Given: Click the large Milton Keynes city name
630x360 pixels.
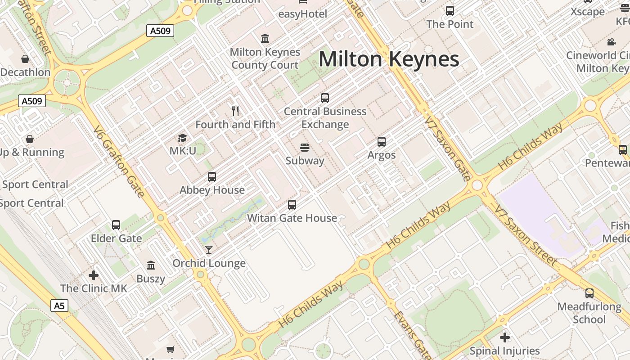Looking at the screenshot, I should coord(389,59).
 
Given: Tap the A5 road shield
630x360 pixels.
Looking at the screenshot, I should coord(59,306).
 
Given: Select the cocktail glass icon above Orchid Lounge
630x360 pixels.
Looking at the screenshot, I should coord(209,249).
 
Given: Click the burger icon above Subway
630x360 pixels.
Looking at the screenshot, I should coord(305,147).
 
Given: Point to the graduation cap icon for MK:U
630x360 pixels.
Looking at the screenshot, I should coord(182,137).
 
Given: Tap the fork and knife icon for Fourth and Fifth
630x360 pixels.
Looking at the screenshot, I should coord(235,111).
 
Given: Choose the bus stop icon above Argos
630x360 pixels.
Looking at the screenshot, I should coord(382,142).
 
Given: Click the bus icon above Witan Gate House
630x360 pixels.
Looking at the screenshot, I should coord(292,205).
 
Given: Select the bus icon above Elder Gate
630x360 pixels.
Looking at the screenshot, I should coord(116,225).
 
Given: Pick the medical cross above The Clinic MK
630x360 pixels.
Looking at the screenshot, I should coord(94,275).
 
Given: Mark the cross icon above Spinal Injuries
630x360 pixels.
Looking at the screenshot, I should coord(505,337).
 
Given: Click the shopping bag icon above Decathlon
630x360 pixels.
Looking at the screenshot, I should coord(25,59).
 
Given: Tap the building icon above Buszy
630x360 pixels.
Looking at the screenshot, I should coord(151,265).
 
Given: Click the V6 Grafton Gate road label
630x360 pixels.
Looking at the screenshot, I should coord(119,161).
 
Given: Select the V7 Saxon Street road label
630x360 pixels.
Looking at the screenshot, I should coord(525,234).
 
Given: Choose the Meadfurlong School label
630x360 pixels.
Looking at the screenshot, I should coord(589,313).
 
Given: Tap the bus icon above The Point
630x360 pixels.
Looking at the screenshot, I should coord(450,11).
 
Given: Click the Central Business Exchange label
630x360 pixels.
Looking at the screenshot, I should coord(325,117).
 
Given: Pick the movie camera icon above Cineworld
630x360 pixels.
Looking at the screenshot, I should coord(611,42).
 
